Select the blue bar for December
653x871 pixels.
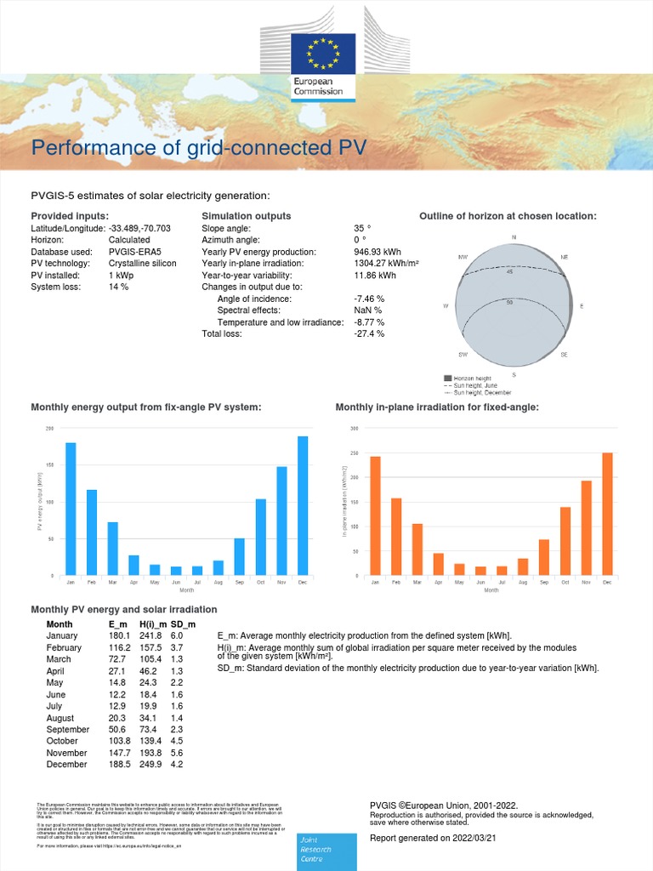[x=303, y=506]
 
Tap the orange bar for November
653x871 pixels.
[x=586, y=528]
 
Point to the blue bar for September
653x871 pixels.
[x=240, y=556]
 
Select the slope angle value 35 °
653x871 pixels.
[x=362, y=229]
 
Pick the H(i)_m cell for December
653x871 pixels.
[x=150, y=765]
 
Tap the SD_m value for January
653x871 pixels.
[x=177, y=635]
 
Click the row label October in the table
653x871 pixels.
[x=63, y=741]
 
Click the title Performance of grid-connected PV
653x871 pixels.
[x=199, y=148]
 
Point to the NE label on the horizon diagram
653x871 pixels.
[x=565, y=257]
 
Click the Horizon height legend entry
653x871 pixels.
[x=473, y=378]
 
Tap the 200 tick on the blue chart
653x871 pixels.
[x=49, y=429]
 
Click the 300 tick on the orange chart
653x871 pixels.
[x=354, y=429]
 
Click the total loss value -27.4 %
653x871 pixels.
[x=369, y=334]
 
